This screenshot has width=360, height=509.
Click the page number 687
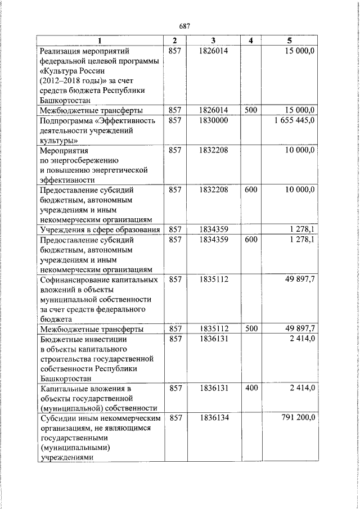[x=184, y=26]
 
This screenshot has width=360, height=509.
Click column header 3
[x=213, y=41]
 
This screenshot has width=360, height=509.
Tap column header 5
[x=290, y=41]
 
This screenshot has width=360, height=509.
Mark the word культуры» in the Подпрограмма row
[x=59, y=141]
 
